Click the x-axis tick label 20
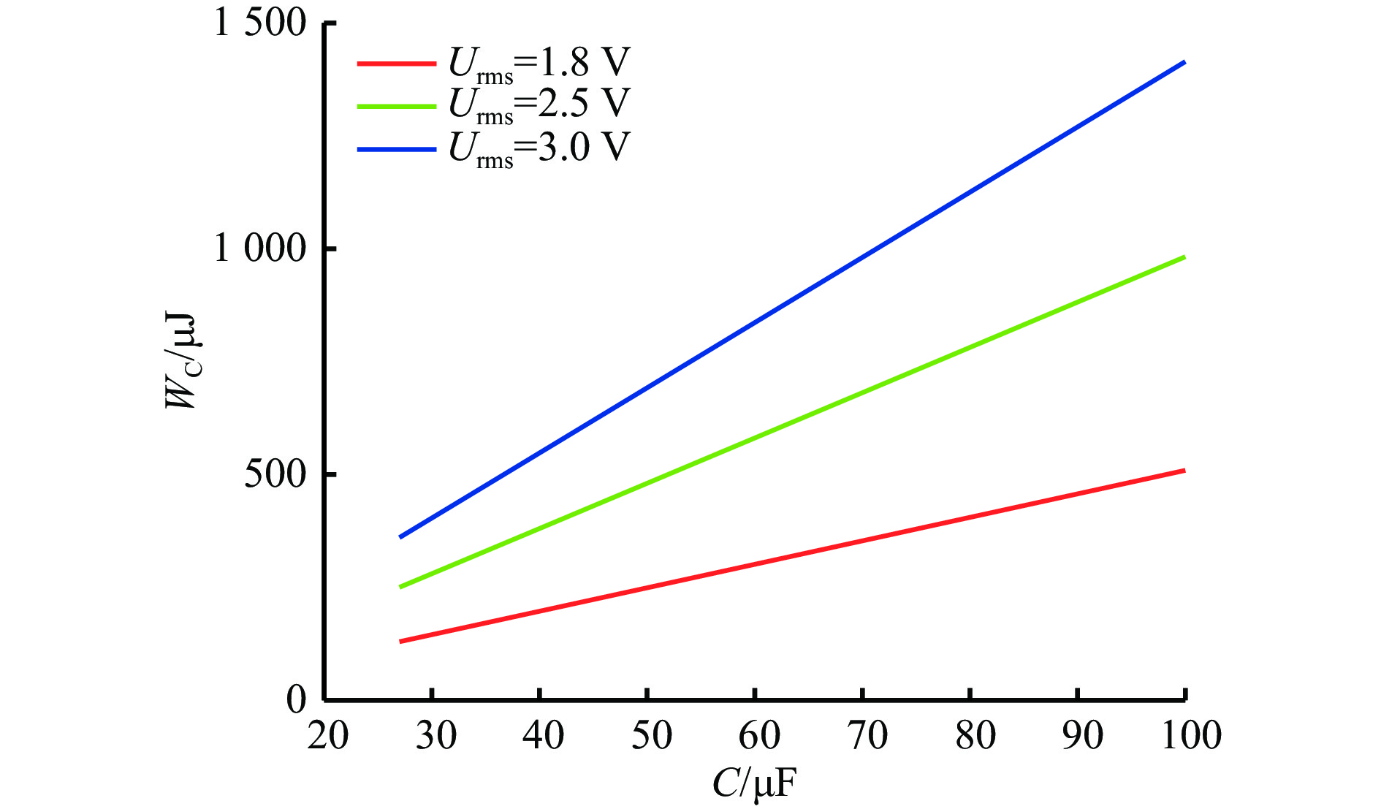(328, 736)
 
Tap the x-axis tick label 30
(436, 736)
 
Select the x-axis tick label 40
(544, 736)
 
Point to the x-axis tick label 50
(651, 736)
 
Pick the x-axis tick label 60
(759, 736)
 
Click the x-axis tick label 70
(867, 736)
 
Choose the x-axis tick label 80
(975, 736)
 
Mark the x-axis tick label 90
(1083, 736)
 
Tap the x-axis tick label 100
(1191, 736)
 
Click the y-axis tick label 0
(296, 700)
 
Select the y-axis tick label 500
(275, 475)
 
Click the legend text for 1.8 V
(539, 65)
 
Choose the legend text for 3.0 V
(539, 149)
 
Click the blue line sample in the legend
(397, 150)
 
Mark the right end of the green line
(1184, 257)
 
